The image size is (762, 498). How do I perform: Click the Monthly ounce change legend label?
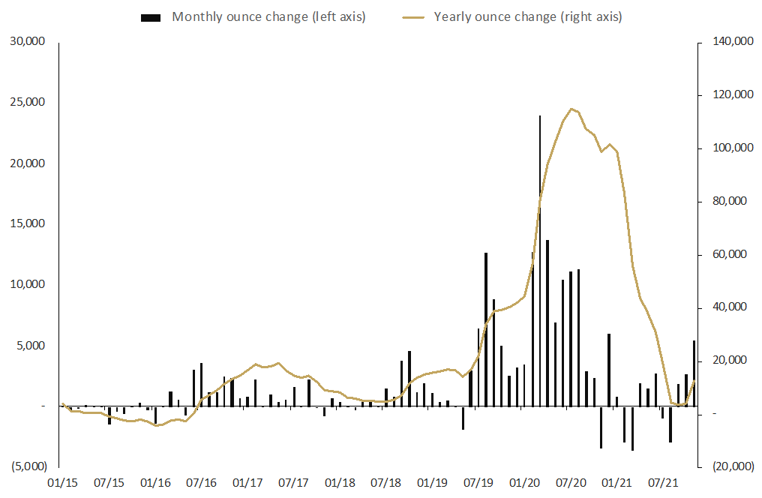tap(269, 16)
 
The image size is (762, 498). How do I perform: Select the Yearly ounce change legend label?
tap(528, 16)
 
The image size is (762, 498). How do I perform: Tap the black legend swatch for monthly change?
tap(151, 16)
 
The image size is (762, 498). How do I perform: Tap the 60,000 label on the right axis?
tap(722, 255)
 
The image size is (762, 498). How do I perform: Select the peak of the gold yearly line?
tap(571, 109)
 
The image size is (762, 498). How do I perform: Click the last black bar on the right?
tap(694, 373)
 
